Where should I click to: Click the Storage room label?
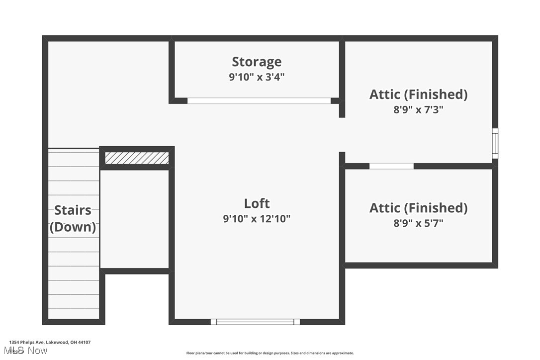pyautogui.click(x=257, y=62)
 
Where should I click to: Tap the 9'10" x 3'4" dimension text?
pyautogui.click(x=257, y=77)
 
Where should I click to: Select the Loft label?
pyautogui.click(x=257, y=203)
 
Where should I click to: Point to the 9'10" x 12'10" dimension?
pyautogui.click(x=257, y=218)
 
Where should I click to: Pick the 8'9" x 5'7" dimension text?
pyautogui.click(x=418, y=223)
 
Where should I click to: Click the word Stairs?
pyautogui.click(x=73, y=210)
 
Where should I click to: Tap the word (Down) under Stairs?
pyautogui.click(x=73, y=227)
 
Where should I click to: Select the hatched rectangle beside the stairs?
pyautogui.click(x=137, y=158)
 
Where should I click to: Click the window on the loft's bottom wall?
pyautogui.click(x=255, y=322)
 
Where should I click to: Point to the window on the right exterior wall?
pyautogui.click(x=495, y=143)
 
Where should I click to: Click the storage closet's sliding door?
pyautogui.click(x=259, y=100)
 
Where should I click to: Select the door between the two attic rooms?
pyautogui.click(x=391, y=166)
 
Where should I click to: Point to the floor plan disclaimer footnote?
pyautogui.click(x=270, y=353)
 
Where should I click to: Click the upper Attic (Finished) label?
pyautogui.click(x=418, y=94)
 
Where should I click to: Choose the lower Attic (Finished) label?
pyautogui.click(x=418, y=207)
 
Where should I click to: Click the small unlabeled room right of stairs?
pyautogui.click(x=134, y=219)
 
